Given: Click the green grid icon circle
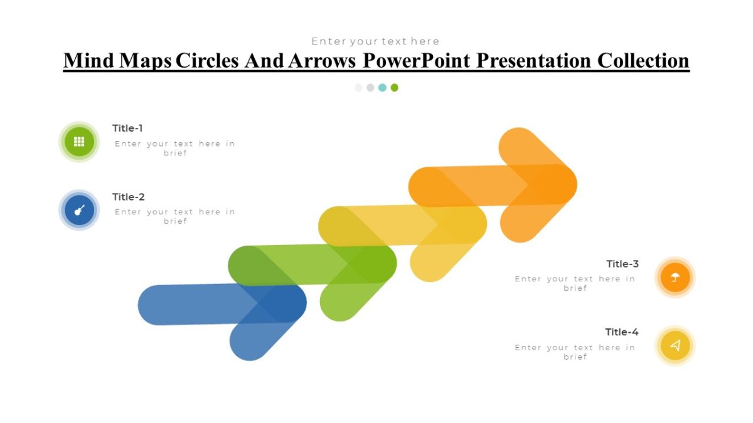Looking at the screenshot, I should (x=79, y=142).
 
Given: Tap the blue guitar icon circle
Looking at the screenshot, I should (x=79, y=210).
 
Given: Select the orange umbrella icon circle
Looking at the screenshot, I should (x=675, y=277).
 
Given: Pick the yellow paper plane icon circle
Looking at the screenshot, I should (x=675, y=345).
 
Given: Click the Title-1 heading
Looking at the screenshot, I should (x=127, y=128).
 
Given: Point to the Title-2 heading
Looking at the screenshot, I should (x=128, y=197).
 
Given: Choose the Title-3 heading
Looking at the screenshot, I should (x=622, y=264).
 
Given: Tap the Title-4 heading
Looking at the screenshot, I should (x=621, y=332).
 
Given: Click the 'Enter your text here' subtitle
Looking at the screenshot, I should (x=375, y=41).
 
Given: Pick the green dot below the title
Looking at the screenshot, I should (x=394, y=88).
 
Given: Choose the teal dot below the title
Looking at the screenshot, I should (x=382, y=88).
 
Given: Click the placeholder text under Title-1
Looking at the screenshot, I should (x=175, y=148).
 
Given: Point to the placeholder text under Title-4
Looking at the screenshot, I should (x=575, y=352).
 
